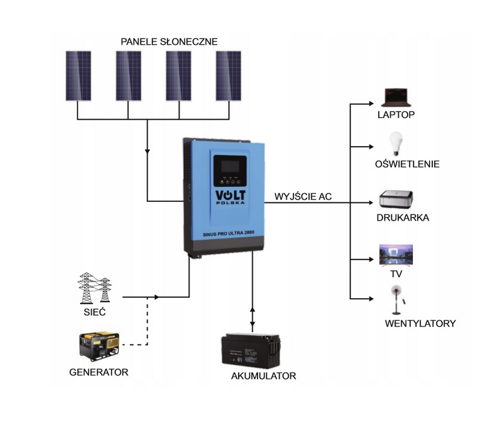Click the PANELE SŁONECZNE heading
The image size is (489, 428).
tap(169, 42)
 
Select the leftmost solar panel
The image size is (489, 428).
tap(78, 75)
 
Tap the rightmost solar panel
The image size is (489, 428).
tap(228, 75)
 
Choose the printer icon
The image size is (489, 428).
tap(397, 199)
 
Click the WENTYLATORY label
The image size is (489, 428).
tap(420, 323)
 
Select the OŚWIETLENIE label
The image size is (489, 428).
tap(407, 164)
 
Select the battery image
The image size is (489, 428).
tap(252, 349)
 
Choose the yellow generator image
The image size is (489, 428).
tap(99, 346)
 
